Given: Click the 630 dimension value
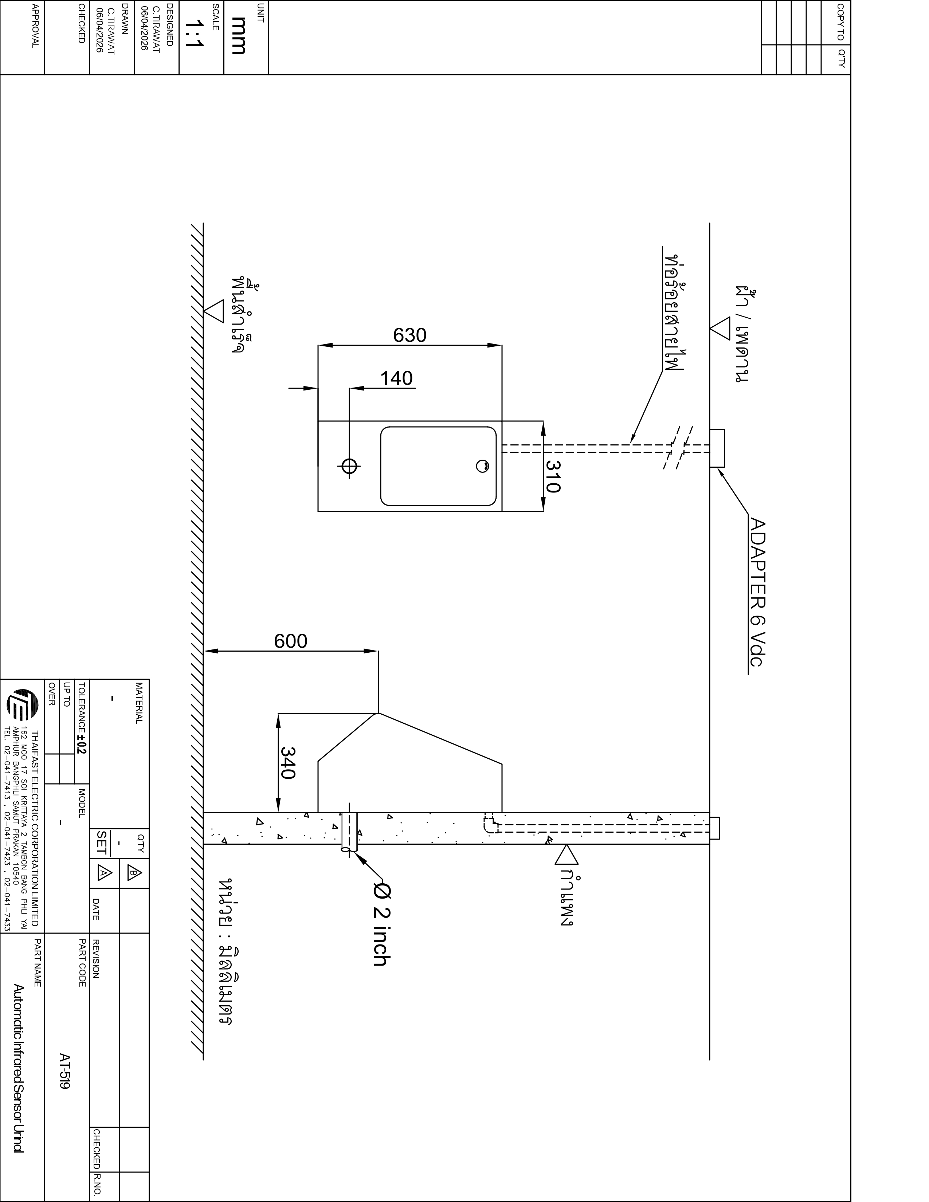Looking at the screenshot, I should pos(409,335).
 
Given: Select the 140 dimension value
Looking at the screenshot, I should pos(396,379).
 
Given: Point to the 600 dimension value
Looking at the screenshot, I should pos(291,641).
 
